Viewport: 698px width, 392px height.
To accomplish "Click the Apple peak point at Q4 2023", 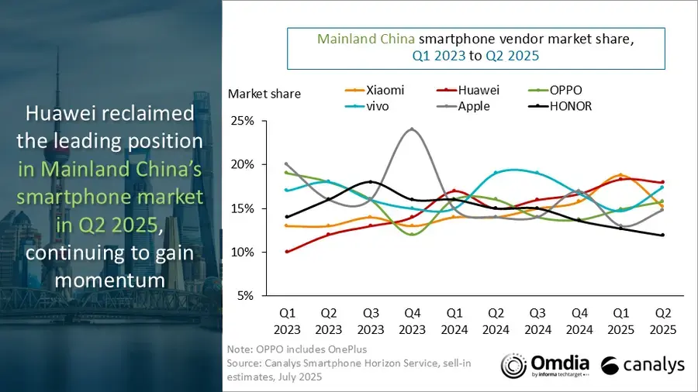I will click(x=411, y=129).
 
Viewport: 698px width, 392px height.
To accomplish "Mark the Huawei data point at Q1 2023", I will click(x=286, y=252).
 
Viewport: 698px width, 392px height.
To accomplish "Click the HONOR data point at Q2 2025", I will click(x=662, y=235).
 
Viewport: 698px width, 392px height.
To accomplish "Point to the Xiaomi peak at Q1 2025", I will click(x=620, y=175).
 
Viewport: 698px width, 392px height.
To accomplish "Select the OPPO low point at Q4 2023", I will click(x=411, y=234).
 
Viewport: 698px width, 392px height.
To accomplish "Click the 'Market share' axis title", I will click(x=264, y=94).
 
